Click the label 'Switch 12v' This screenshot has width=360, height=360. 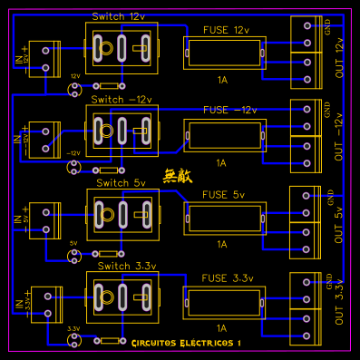pos(118,17)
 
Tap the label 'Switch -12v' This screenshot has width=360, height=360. pos(121,98)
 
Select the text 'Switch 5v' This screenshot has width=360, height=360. pos(120,182)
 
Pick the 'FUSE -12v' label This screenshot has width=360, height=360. pos(229,110)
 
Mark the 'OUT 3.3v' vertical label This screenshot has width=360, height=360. pos(340,306)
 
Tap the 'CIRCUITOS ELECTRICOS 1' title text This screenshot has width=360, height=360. pos(186,343)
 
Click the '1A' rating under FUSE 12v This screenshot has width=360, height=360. pos(221,80)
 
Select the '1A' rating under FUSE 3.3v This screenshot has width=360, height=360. pos(221,327)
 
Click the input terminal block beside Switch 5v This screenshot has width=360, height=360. pos(43,219)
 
